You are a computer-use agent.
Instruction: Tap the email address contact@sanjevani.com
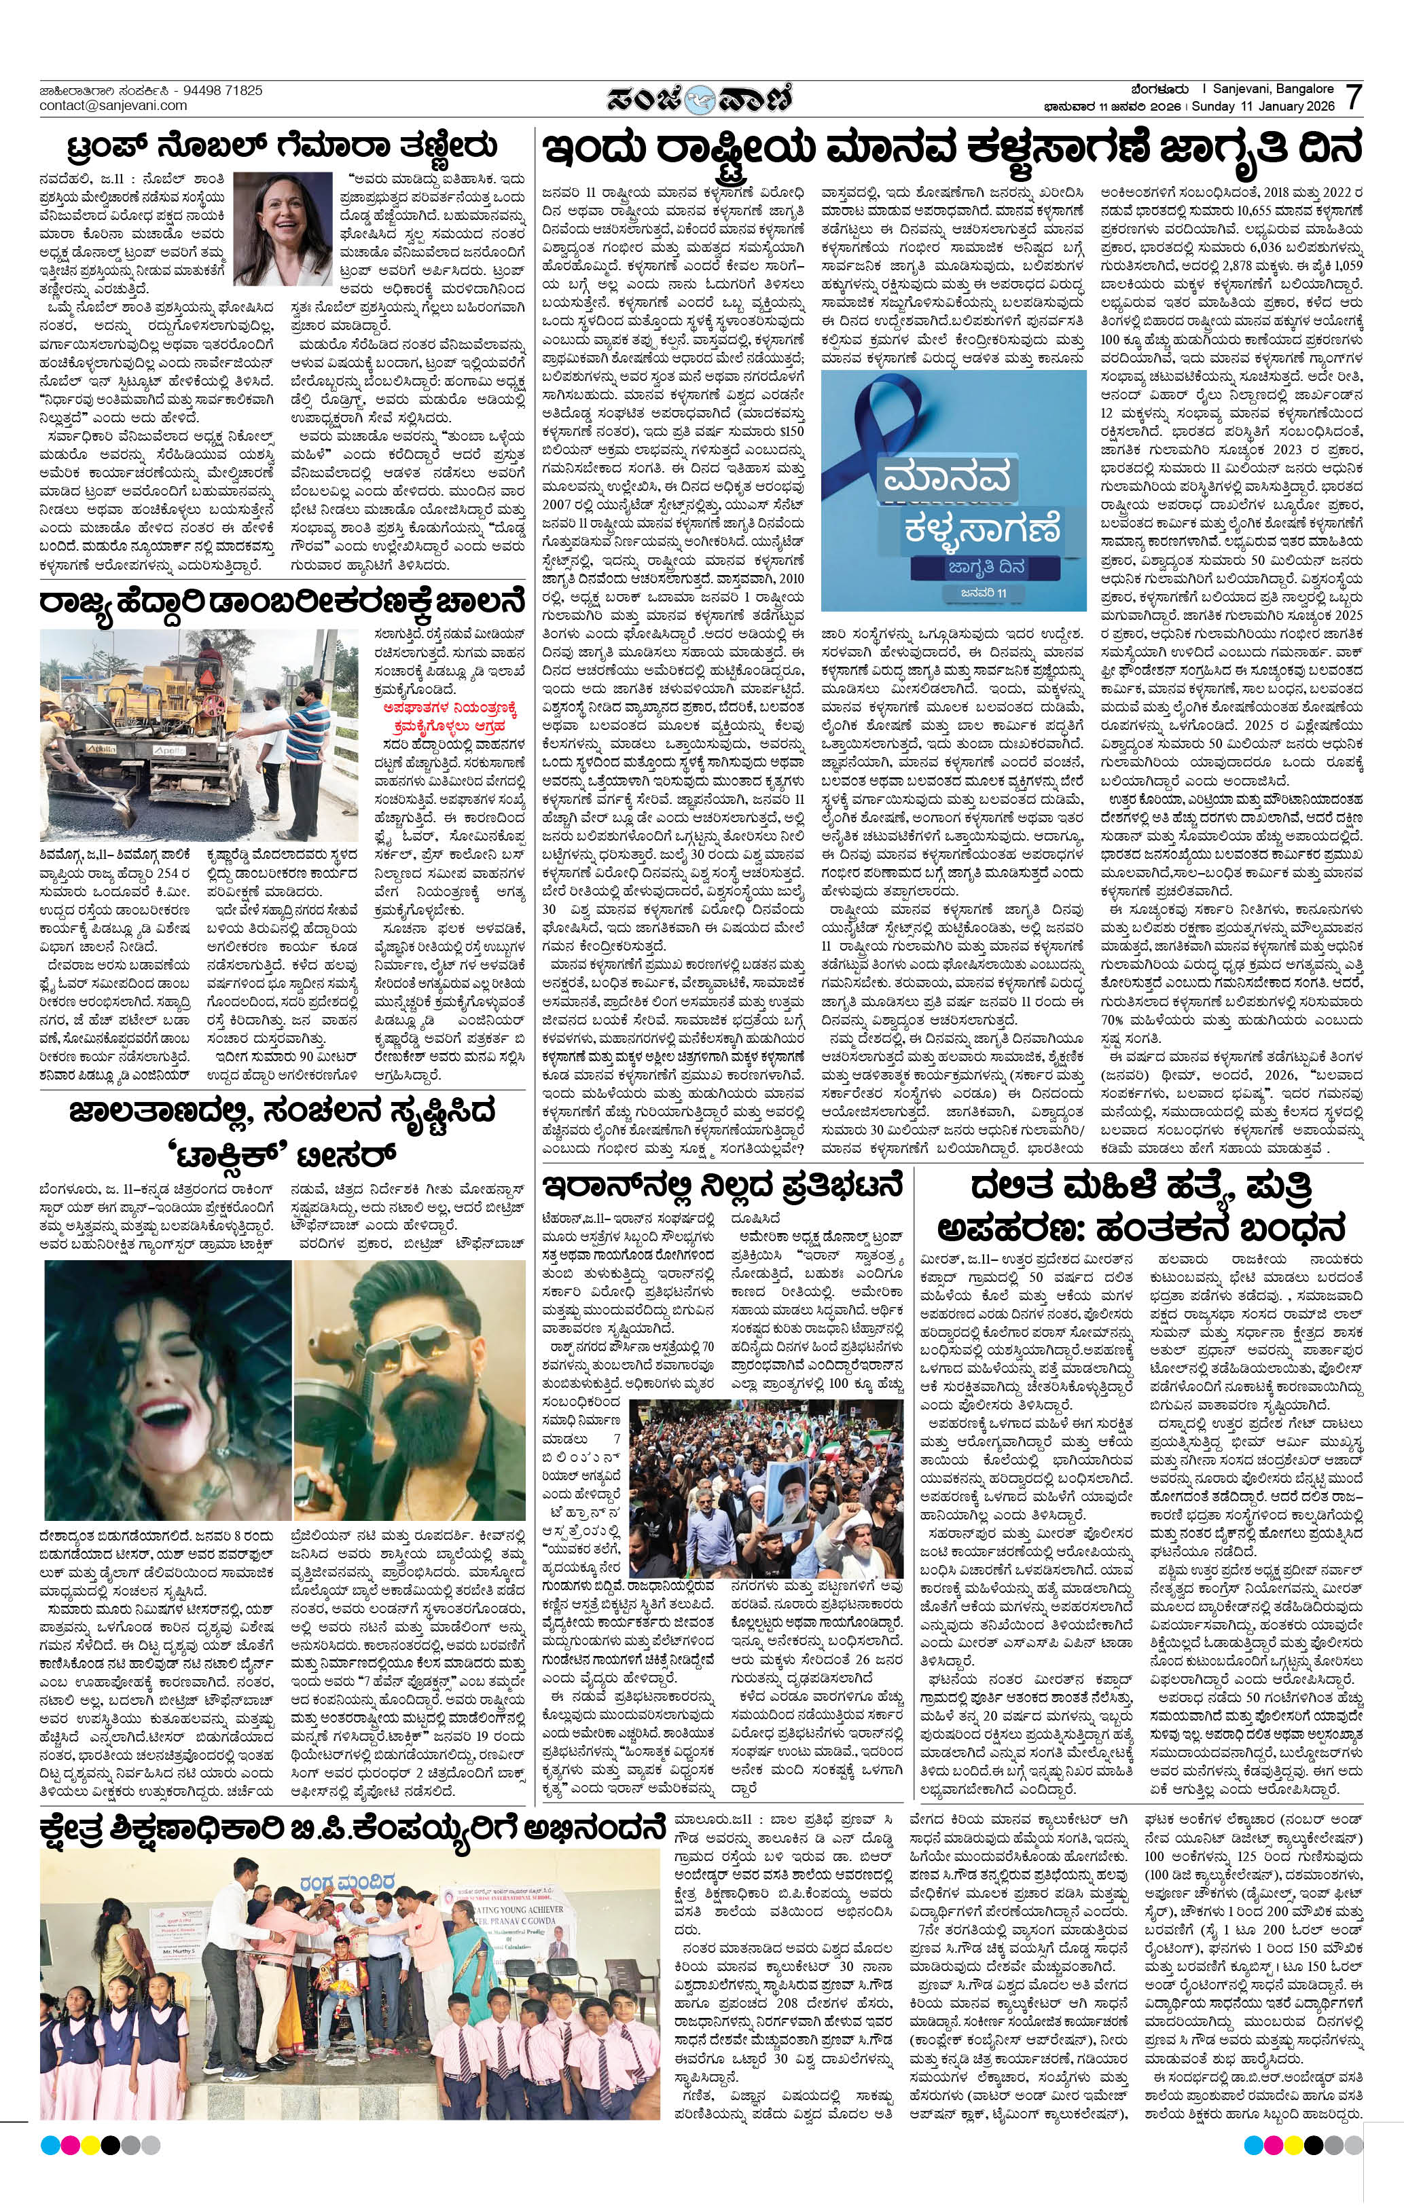[x=113, y=105]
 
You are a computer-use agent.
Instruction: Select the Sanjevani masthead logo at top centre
[x=701, y=97]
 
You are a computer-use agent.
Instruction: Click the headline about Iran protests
[x=725, y=1188]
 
